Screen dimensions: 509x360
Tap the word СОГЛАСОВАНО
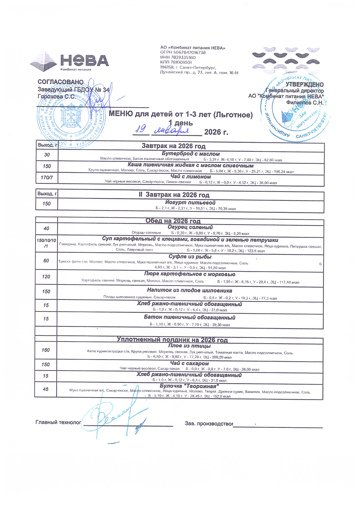point(60,82)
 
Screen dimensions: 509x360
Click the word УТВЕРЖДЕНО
point(304,84)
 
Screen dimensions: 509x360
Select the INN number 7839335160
point(178,57)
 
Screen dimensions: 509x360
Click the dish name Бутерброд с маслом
point(190,154)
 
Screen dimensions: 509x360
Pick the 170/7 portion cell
point(47,177)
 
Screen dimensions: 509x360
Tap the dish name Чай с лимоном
point(191,177)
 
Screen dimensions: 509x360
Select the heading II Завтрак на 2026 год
point(174,195)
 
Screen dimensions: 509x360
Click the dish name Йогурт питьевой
point(190,203)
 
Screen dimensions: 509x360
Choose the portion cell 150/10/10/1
point(46,243)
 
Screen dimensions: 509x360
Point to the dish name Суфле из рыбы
point(190,257)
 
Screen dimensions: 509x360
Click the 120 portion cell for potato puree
point(46,277)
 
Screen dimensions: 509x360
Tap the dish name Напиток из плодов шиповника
point(190,290)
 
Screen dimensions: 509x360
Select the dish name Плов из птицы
point(189,346)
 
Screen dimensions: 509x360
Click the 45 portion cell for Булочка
point(46,389)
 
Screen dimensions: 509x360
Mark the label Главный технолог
point(58,422)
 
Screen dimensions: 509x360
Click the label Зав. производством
point(209,423)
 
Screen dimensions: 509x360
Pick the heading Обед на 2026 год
point(173,221)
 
